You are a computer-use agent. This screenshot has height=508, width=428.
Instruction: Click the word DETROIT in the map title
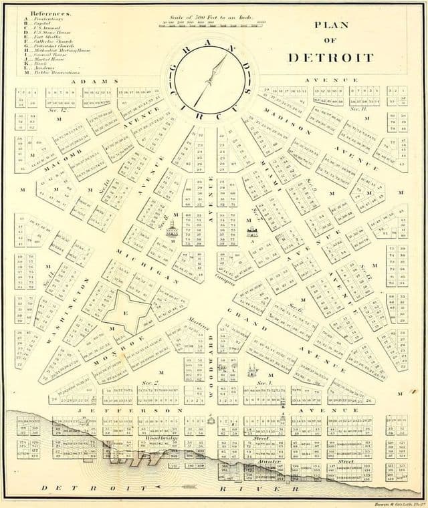point(330,57)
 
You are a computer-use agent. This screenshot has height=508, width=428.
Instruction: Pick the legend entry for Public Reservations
point(50,72)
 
